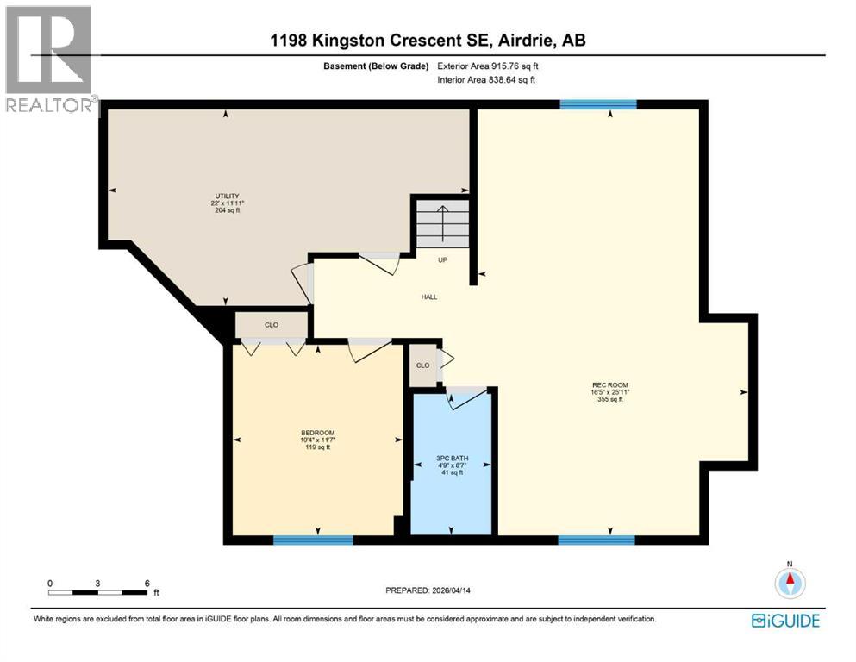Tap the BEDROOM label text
coord(317,433)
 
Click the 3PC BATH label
coord(450,459)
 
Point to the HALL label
coord(428,297)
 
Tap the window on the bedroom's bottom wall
coord(313,540)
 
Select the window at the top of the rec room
coord(598,104)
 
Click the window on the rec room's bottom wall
coord(597,540)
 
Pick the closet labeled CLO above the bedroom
coord(272,325)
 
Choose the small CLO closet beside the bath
coord(422,365)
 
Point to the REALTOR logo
coord(50,60)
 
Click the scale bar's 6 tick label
coord(147,583)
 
